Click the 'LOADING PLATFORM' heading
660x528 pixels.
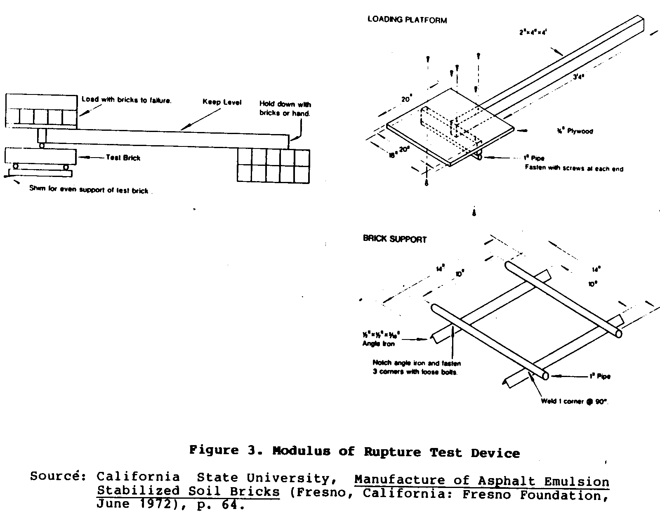pyautogui.click(x=407, y=20)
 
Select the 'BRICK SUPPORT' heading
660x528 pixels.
pyautogui.click(x=394, y=239)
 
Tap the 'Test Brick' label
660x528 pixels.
pyautogui.click(x=123, y=158)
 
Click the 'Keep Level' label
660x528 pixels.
pyautogui.click(x=222, y=102)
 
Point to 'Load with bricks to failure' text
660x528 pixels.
pyautogui.click(x=126, y=100)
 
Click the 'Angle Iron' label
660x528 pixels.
pyautogui.click(x=378, y=344)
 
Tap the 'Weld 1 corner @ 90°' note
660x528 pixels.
pyautogui.click(x=575, y=401)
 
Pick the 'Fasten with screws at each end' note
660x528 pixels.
pyautogui.click(x=574, y=168)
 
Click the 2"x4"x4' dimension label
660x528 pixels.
pyautogui.click(x=533, y=32)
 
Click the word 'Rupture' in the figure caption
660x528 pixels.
pyautogui.click(x=392, y=452)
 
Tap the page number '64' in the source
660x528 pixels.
pyautogui.click(x=229, y=504)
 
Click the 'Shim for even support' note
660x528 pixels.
pyautogui.click(x=88, y=190)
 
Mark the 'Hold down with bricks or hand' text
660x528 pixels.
pyautogui.click(x=285, y=109)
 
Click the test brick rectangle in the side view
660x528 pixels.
pyautogui.click(x=41, y=157)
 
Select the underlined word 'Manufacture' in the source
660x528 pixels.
pyautogui.click(x=395, y=481)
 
